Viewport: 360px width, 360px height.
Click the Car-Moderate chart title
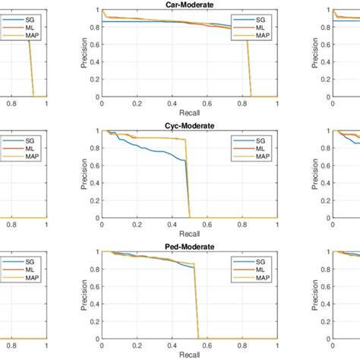(x=188, y=5)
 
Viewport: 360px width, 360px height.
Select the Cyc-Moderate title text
(x=188, y=125)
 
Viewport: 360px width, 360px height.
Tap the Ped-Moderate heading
(x=188, y=246)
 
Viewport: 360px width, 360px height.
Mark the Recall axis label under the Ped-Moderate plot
(x=188, y=355)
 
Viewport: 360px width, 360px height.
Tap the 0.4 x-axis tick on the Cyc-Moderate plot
(x=171, y=225)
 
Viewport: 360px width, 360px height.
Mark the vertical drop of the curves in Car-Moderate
(x=248, y=68)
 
